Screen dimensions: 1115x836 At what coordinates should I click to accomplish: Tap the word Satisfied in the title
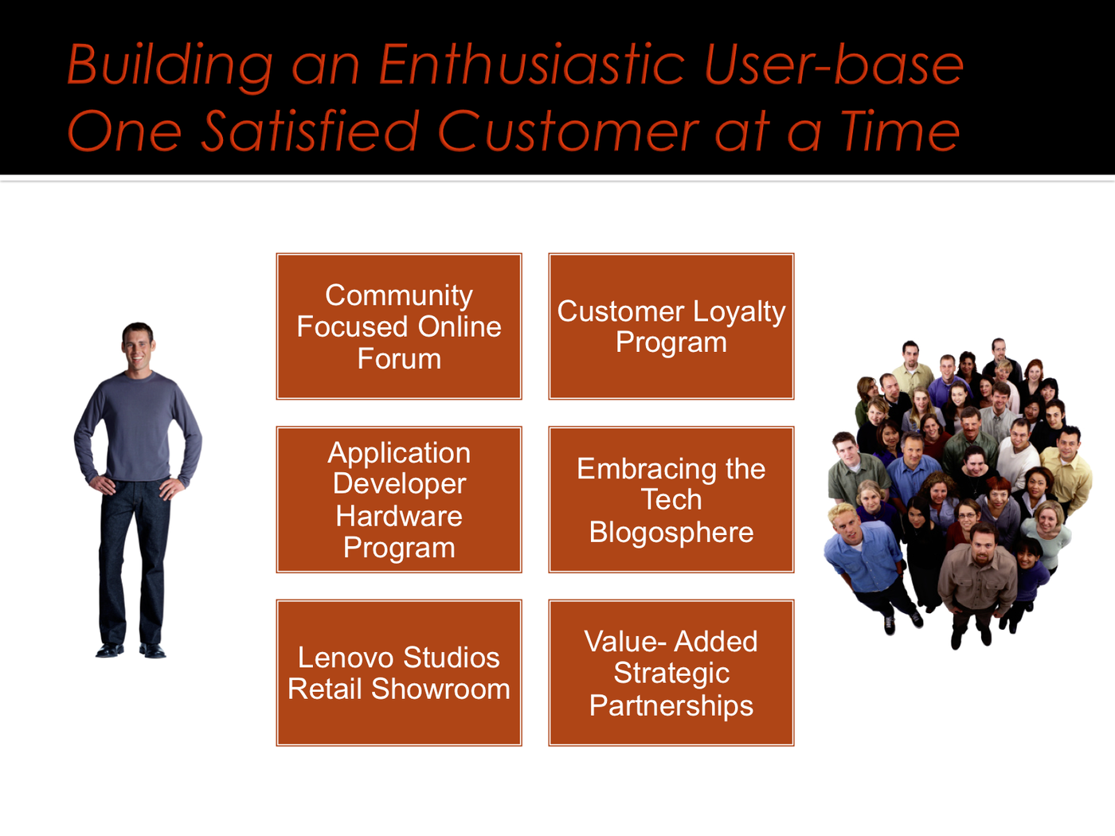coord(311,131)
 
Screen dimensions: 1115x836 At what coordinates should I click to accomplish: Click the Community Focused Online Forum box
coord(399,326)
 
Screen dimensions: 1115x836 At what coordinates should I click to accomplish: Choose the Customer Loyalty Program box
coord(671,326)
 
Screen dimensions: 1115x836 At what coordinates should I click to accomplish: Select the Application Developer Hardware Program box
coord(399,499)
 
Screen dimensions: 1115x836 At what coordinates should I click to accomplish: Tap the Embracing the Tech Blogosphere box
coord(671,499)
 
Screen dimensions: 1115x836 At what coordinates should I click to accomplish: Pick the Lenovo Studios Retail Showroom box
coord(399,673)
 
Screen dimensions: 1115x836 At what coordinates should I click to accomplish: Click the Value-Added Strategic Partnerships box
coord(671,673)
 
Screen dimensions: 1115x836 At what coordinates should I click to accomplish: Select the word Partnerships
coord(671,706)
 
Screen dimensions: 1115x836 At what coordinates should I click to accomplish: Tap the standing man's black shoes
coord(131,650)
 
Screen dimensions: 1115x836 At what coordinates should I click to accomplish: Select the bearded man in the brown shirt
coord(978,579)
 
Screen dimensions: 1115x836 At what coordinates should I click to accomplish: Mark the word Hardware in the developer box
coord(399,516)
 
